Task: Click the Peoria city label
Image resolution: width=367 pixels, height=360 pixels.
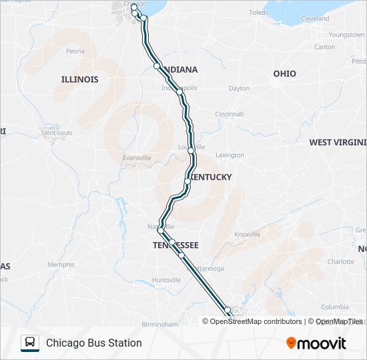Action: [75, 51]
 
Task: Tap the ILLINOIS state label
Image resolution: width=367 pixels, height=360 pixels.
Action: [79, 79]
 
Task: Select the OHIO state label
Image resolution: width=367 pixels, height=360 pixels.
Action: [284, 73]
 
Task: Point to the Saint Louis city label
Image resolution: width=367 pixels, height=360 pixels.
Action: [57, 133]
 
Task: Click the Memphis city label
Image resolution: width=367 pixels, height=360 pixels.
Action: [61, 265]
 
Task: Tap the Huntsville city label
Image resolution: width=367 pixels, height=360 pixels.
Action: [166, 280]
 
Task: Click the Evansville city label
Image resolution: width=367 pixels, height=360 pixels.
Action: [137, 157]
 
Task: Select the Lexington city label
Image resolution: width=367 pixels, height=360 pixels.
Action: [230, 155]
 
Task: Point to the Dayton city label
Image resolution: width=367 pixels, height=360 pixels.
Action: [239, 88]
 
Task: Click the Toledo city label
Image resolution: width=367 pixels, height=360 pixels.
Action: [258, 13]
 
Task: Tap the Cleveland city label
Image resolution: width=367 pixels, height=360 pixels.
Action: [315, 19]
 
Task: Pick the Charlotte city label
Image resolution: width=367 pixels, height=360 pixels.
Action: [341, 262]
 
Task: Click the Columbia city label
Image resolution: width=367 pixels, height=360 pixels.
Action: [335, 307]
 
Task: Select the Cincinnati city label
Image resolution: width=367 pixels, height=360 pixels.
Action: [230, 114]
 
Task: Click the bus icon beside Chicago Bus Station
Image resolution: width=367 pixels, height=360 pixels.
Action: [30, 343]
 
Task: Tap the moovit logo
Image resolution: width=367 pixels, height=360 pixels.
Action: [316, 343]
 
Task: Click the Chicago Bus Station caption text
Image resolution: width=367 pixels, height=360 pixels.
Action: [94, 343]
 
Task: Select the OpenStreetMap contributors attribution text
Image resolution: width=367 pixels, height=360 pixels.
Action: [256, 321]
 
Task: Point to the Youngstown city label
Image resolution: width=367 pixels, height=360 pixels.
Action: [346, 34]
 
